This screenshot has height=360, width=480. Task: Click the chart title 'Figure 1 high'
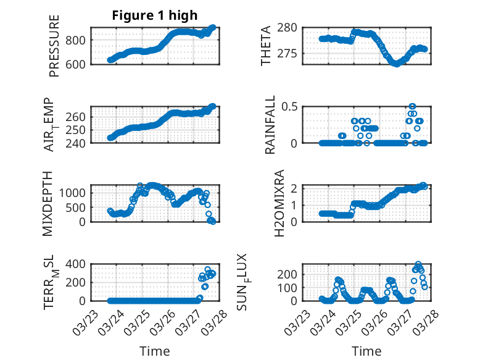pyautogui.click(x=154, y=15)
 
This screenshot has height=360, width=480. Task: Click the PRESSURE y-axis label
pyautogui.click(x=54, y=46)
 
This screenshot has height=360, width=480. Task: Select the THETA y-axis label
pyautogui.click(x=266, y=46)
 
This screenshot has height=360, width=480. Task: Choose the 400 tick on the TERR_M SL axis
pyautogui.click(x=77, y=264)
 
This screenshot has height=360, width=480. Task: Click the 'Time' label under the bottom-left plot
pyautogui.click(x=154, y=351)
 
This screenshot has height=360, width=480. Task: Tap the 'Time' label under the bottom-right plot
pyautogui.click(x=366, y=351)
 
